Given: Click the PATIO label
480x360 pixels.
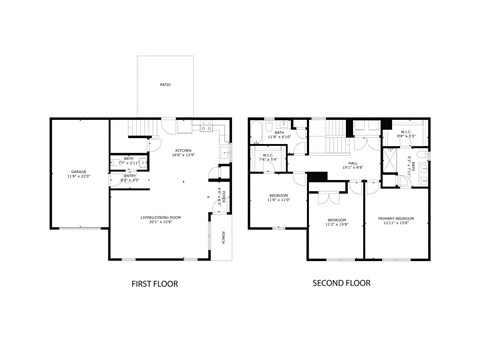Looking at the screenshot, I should point(165,85).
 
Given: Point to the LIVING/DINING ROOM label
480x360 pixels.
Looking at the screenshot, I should point(160,220).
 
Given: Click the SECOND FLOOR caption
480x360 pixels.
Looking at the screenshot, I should point(342,283).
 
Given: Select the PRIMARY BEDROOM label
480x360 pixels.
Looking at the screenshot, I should point(398,221).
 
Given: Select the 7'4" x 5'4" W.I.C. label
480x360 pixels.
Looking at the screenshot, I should point(269,157).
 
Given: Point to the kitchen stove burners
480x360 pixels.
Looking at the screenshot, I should point(209,129).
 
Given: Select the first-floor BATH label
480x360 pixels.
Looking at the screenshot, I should point(129,159).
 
